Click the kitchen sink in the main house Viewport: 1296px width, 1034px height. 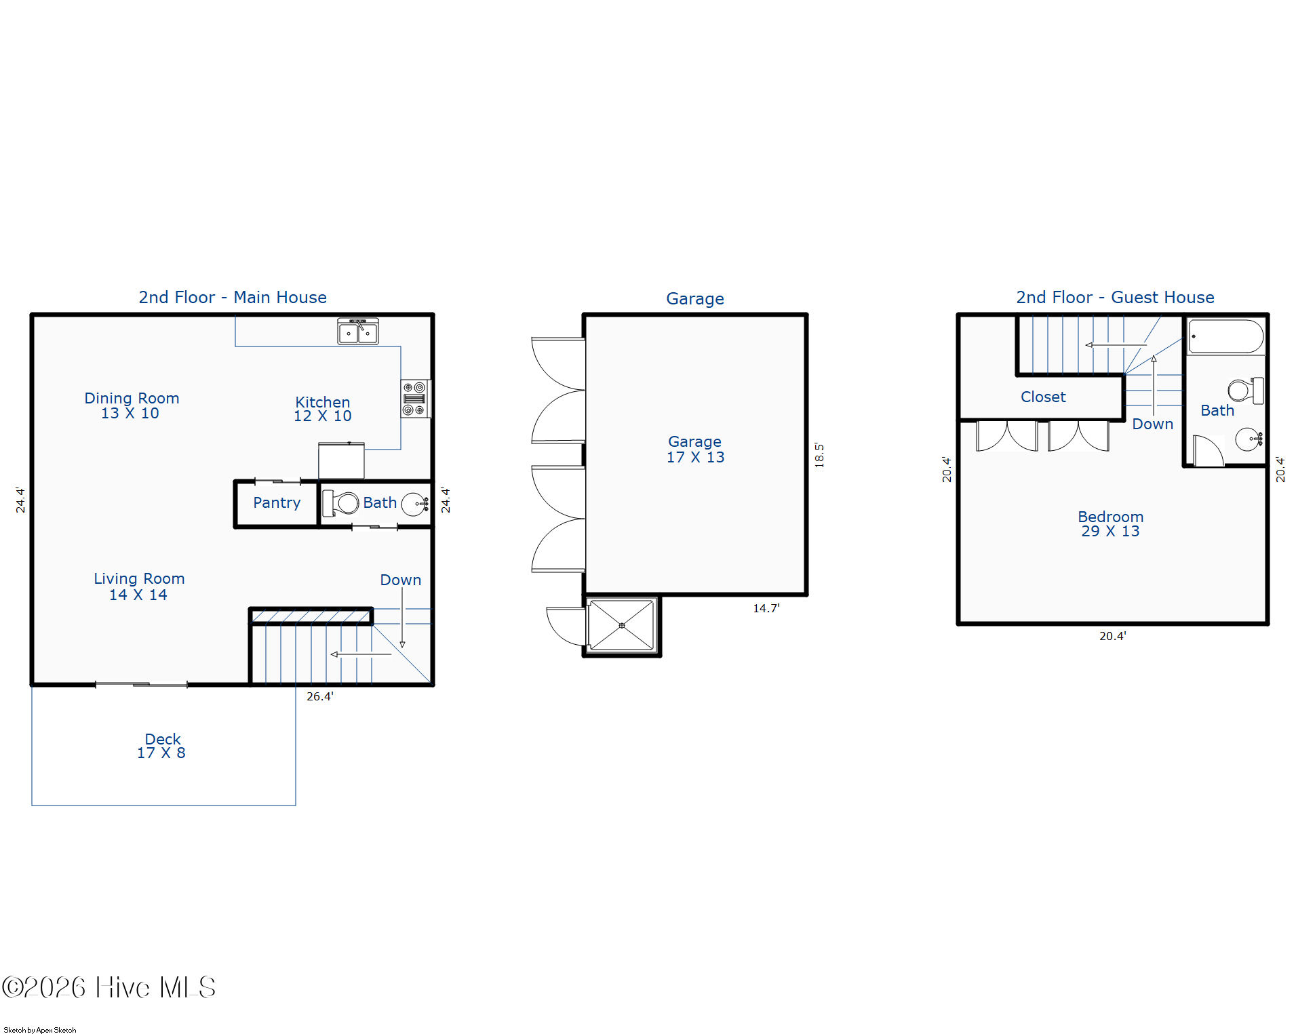click(x=358, y=332)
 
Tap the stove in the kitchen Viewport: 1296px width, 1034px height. click(x=414, y=399)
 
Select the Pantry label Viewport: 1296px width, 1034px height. click(x=277, y=502)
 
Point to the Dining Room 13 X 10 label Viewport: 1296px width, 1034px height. click(x=132, y=405)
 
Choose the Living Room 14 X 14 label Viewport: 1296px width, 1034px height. click(x=139, y=586)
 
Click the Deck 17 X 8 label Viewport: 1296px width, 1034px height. click(x=162, y=746)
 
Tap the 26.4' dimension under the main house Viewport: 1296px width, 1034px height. click(x=319, y=696)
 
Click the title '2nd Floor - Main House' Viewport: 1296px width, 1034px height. click(x=233, y=297)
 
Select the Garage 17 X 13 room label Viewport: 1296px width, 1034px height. click(x=695, y=449)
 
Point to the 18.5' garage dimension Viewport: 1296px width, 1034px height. click(x=819, y=455)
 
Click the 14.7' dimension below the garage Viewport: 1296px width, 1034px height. click(x=766, y=608)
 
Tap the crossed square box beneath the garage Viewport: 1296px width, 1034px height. click(x=622, y=625)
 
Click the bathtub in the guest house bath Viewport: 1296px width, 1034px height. click(x=1226, y=337)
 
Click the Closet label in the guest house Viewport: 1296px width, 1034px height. click(x=1043, y=397)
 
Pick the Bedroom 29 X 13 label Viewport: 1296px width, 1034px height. click(x=1110, y=523)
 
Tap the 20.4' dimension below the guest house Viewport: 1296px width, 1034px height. click(x=1112, y=636)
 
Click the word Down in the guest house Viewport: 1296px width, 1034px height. click(x=1152, y=424)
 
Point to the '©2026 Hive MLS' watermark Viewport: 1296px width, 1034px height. click(x=109, y=987)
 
